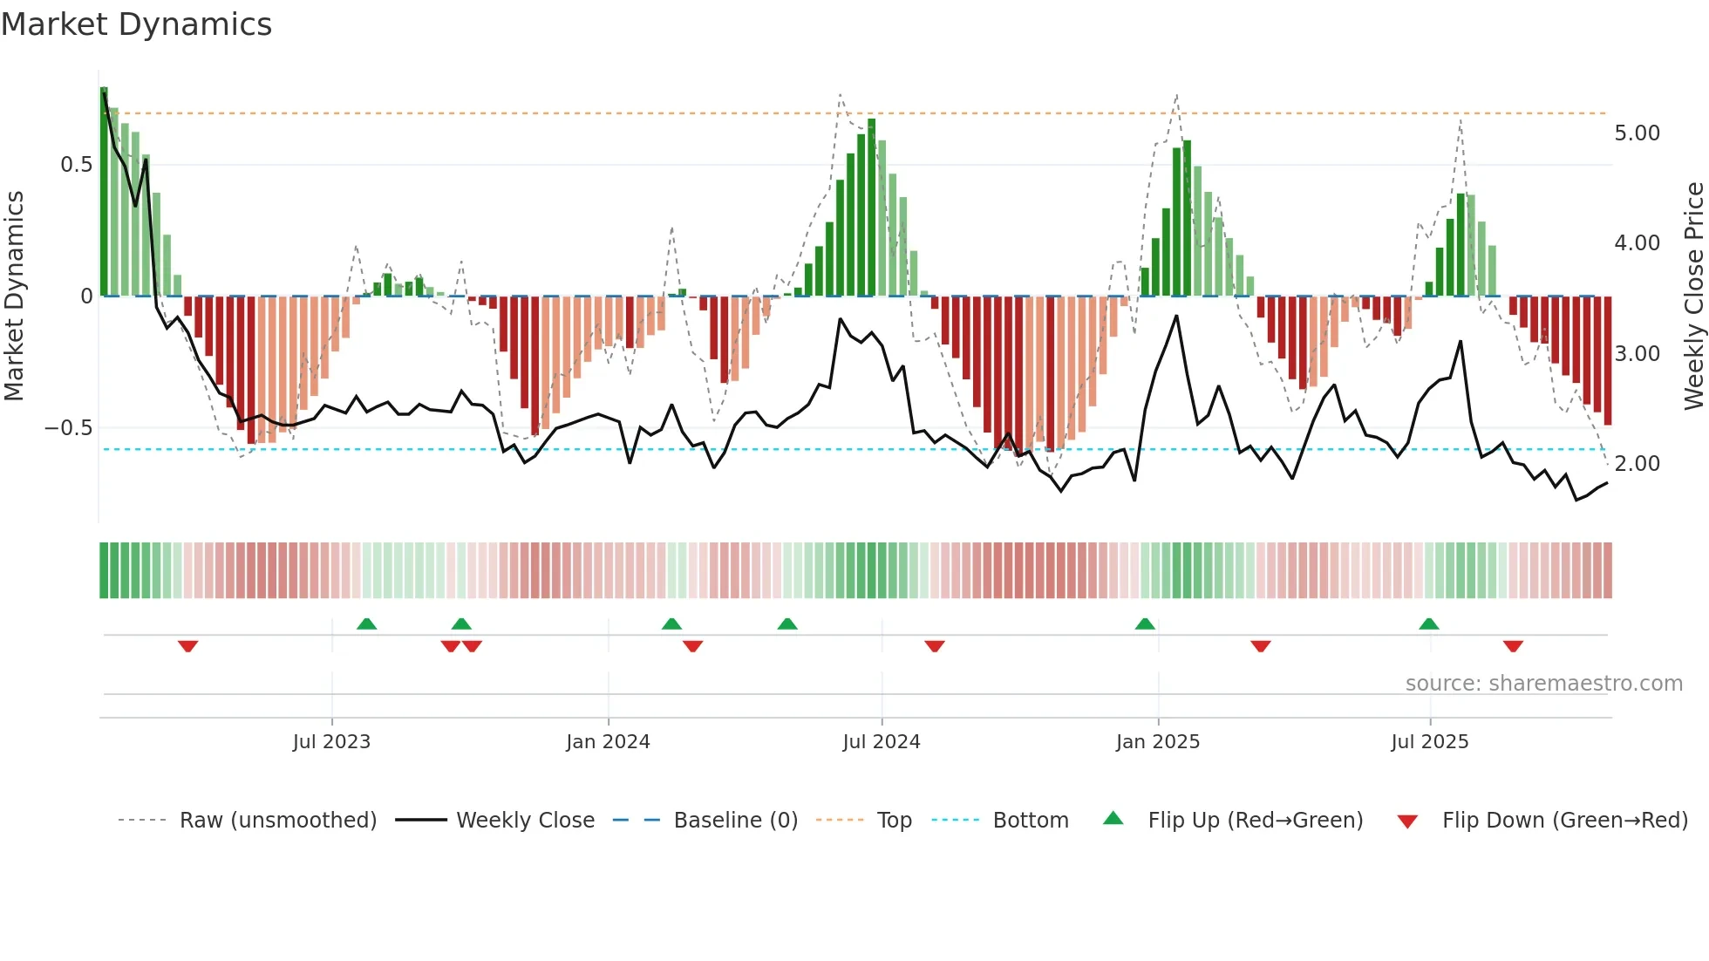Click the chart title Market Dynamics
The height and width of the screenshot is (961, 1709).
(137, 24)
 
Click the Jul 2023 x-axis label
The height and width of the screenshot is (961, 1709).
(331, 742)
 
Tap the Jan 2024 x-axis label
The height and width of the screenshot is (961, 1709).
(608, 742)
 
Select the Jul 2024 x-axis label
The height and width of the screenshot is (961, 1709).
(882, 742)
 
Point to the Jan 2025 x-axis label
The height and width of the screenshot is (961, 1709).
(1158, 742)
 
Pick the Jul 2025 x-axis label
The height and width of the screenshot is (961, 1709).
(1430, 742)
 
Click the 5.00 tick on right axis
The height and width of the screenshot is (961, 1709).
(1637, 133)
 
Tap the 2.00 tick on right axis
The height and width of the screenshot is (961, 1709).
(1637, 464)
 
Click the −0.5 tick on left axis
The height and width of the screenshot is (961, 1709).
(69, 428)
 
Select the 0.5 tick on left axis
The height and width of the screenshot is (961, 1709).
(77, 165)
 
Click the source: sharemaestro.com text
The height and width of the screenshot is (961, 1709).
(1543, 684)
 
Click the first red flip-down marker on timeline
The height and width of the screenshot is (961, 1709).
(187, 646)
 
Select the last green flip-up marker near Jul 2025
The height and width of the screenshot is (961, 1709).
(1428, 624)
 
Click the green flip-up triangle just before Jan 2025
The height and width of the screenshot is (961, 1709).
(1145, 624)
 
